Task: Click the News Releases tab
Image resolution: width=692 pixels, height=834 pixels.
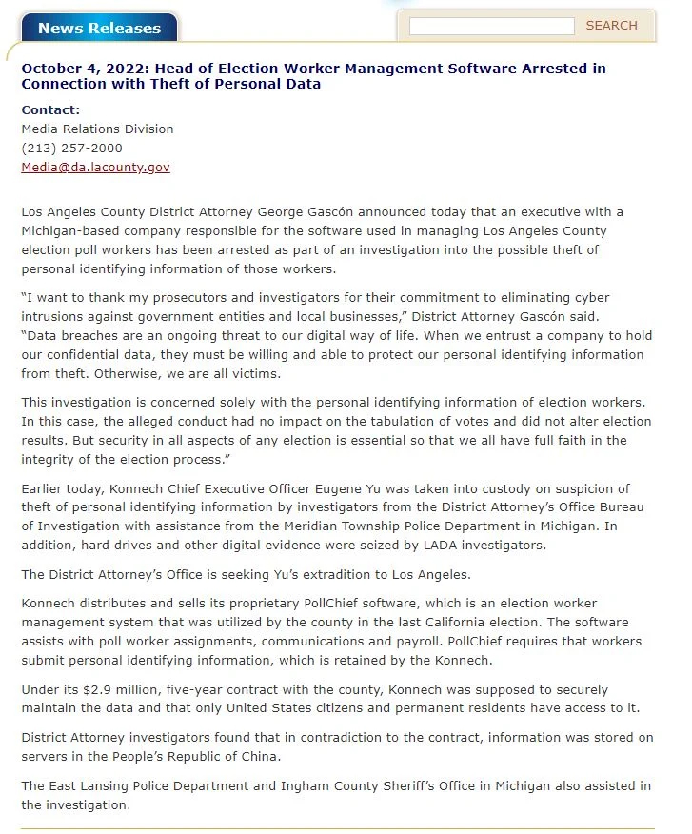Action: coord(99,28)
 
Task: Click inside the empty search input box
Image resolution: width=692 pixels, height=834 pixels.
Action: coord(491,26)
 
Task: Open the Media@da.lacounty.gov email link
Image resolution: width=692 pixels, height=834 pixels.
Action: coord(95,167)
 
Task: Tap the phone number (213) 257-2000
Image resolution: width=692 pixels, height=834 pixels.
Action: coord(71,148)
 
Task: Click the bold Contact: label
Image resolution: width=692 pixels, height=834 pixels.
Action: coord(50,109)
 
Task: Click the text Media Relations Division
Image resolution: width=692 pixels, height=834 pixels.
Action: coord(97,129)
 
